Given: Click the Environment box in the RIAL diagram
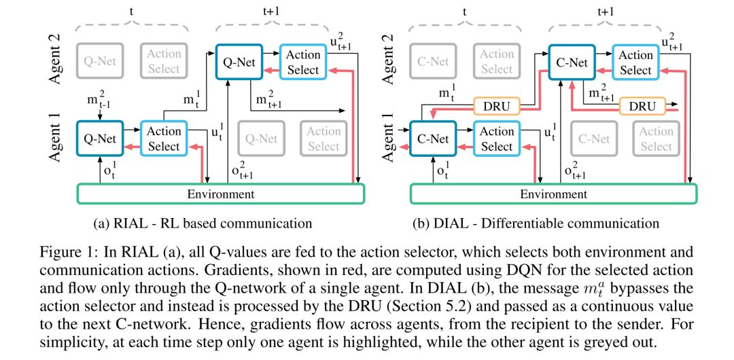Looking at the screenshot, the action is pos(220,194).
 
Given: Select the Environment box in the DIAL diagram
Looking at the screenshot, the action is pos(553,194).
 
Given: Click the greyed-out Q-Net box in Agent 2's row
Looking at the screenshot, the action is pos(99,60).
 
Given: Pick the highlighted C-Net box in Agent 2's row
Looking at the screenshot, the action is pos(572,62).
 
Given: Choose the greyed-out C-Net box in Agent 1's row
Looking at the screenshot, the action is pos(593,139).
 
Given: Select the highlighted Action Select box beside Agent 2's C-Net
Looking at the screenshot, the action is pos(635,62).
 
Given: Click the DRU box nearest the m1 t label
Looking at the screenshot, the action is pos(497,107).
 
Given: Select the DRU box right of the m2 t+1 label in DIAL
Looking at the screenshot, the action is pos(642,107).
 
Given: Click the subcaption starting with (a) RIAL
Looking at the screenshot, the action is pos(203,223).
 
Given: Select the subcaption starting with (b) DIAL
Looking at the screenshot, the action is pos(536,223).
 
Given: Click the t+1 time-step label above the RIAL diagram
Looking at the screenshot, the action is pos(273,12).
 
